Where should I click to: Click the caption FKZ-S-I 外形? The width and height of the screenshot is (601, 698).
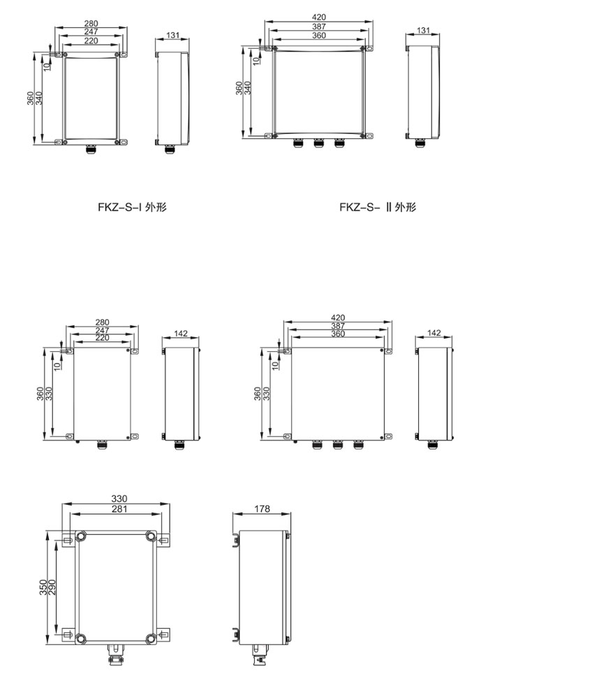(132, 207)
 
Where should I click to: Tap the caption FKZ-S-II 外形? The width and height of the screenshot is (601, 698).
(378, 207)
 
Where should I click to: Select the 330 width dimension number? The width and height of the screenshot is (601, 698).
(119, 498)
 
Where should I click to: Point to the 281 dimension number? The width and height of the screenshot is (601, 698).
(119, 509)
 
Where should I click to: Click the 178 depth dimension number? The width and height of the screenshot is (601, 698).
(262, 508)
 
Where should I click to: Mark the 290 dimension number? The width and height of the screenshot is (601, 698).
(52, 587)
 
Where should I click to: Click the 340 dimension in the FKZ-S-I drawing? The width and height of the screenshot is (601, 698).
(39, 98)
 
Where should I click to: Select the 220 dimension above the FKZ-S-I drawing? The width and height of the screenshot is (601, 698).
(91, 40)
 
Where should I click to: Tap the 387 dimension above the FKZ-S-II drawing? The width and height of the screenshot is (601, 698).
(319, 27)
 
